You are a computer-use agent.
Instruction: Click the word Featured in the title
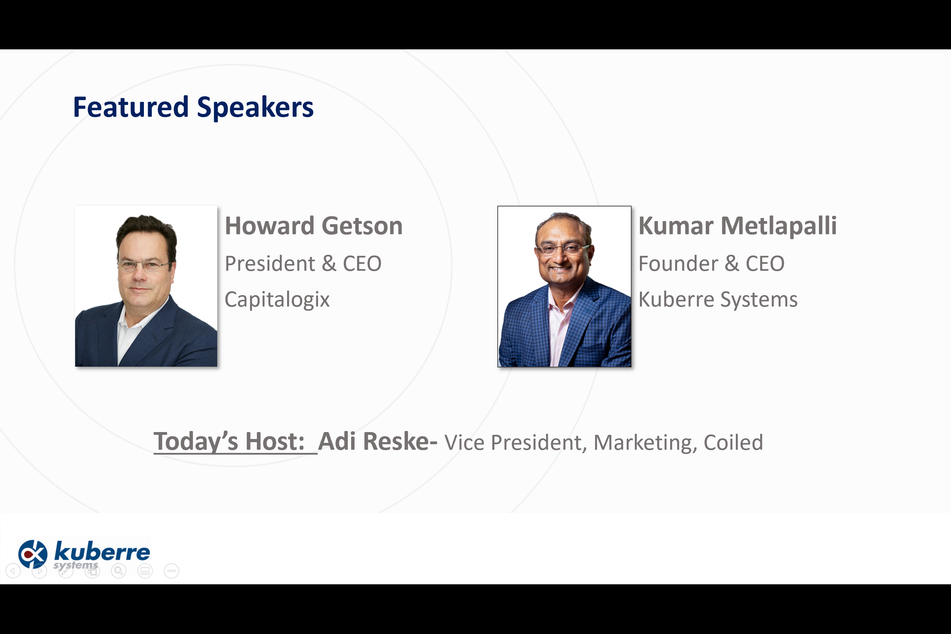pyautogui.click(x=131, y=107)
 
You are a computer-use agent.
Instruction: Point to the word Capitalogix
pyautogui.click(x=277, y=300)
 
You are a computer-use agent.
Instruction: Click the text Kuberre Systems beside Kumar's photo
pyautogui.click(x=718, y=300)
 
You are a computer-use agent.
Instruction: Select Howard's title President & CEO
pyautogui.click(x=303, y=263)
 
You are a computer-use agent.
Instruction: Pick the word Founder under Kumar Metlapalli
pyautogui.click(x=678, y=263)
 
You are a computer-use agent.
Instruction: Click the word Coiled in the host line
pyautogui.click(x=733, y=442)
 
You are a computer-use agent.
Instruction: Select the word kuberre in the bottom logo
pyautogui.click(x=102, y=551)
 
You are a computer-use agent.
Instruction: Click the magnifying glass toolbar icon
pyautogui.click(x=119, y=571)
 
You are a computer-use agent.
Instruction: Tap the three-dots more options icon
pyautogui.click(x=171, y=571)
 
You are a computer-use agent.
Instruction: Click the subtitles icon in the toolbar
pyautogui.click(x=145, y=571)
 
